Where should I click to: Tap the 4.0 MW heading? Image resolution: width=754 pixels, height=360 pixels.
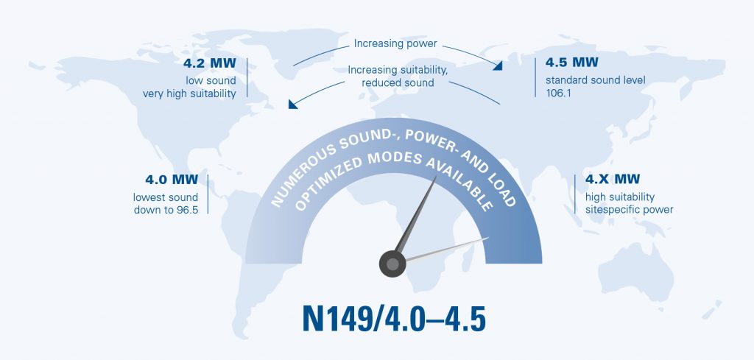coord(172,180)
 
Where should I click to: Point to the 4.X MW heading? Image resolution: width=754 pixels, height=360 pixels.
coord(613,180)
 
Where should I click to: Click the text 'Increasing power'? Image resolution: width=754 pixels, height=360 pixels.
coord(395,43)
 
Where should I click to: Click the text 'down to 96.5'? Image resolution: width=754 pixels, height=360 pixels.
coord(166,210)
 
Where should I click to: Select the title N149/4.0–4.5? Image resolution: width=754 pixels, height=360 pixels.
coord(394,318)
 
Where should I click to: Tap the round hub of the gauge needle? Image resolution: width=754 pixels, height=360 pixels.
coord(392,264)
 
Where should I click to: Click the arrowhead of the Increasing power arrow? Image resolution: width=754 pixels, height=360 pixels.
coord(498,66)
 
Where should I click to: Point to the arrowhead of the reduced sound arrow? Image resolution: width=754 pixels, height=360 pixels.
coord(292,105)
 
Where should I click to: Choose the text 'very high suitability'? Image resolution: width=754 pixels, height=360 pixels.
coord(189,93)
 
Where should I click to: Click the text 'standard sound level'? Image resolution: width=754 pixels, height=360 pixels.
coord(595,80)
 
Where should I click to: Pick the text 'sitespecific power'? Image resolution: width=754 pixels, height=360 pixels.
coord(629,210)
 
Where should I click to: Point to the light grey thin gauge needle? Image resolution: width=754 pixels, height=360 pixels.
coord(447,249)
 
